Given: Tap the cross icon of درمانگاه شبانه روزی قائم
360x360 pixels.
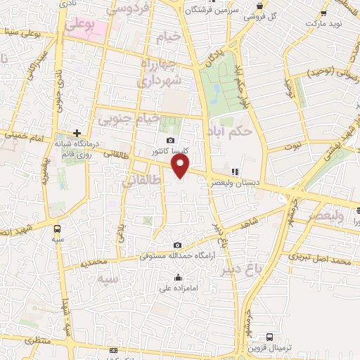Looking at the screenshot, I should point(77,132).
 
